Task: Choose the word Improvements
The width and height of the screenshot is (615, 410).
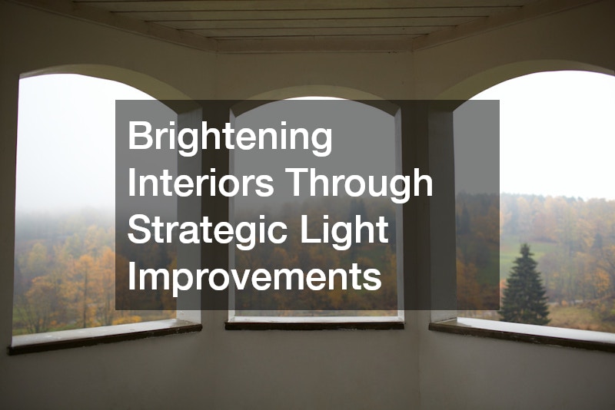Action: [254, 276]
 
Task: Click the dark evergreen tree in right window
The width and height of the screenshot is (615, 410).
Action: [524, 287]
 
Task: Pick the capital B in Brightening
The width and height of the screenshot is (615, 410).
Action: [139, 137]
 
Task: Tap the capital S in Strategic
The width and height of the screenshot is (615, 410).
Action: [139, 230]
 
